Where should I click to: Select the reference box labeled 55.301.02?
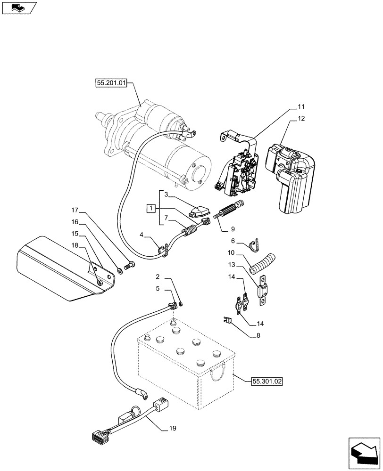coord(266,382)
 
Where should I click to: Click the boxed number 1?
coord(150,208)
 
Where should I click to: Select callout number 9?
coord(233,230)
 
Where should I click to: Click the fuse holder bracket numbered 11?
coord(238,165)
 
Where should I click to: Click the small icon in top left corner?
coord(19,8)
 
